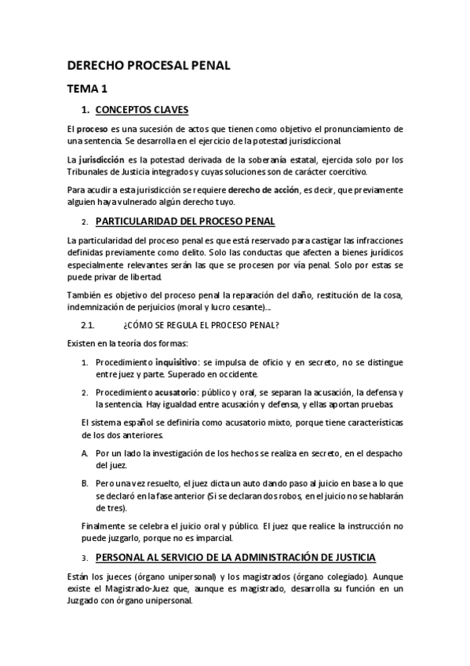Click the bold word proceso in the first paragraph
click(x=93, y=129)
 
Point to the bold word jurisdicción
click(x=101, y=159)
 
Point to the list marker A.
click(x=85, y=453)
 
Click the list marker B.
click(x=85, y=484)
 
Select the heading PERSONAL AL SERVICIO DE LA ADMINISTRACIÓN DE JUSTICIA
click(x=235, y=557)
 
